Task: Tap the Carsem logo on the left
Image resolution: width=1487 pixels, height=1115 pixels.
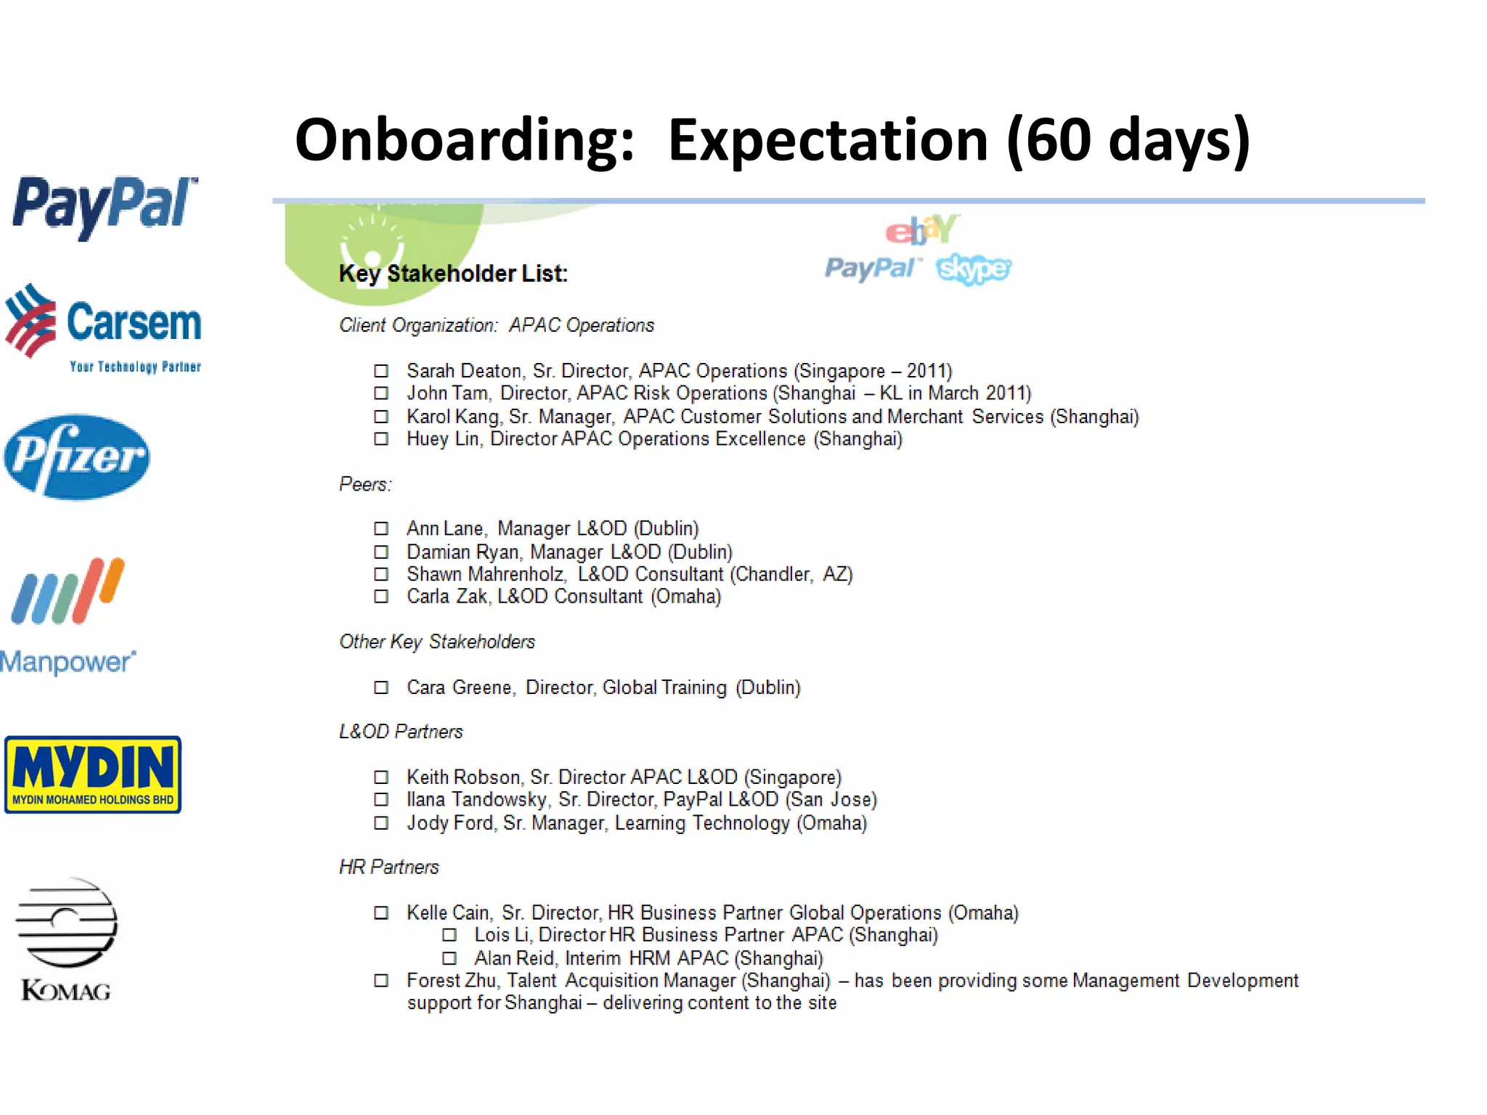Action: click(x=103, y=327)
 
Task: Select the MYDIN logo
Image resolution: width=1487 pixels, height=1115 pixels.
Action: click(x=93, y=775)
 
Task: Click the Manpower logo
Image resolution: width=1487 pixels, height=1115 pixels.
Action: click(x=68, y=616)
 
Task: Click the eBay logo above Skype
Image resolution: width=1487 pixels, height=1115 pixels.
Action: click(x=921, y=231)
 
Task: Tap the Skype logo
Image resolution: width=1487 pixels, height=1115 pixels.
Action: click(x=974, y=269)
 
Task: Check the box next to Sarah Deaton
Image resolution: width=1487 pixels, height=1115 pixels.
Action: click(x=381, y=371)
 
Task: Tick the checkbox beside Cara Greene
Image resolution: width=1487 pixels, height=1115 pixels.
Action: click(x=381, y=687)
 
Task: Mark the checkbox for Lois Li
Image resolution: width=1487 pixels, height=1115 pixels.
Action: click(x=449, y=935)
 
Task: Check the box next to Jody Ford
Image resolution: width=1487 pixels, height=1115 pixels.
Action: click(x=381, y=823)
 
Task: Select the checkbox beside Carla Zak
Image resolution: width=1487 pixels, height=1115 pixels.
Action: click(x=381, y=597)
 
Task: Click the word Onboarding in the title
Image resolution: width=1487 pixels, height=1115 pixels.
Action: click(x=465, y=139)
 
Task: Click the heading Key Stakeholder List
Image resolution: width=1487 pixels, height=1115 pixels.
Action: click(x=453, y=274)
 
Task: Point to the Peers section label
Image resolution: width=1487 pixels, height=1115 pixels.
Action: click(x=365, y=484)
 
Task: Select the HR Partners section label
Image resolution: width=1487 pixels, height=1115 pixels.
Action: click(x=389, y=867)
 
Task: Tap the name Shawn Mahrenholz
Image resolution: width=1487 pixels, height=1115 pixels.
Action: click(x=486, y=574)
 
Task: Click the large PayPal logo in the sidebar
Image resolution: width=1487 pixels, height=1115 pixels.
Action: click(x=104, y=205)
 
